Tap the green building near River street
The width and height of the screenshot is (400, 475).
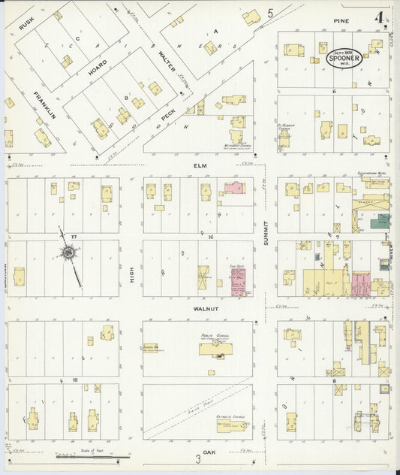coord(383,221)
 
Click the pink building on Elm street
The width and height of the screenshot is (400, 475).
coord(234,188)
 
